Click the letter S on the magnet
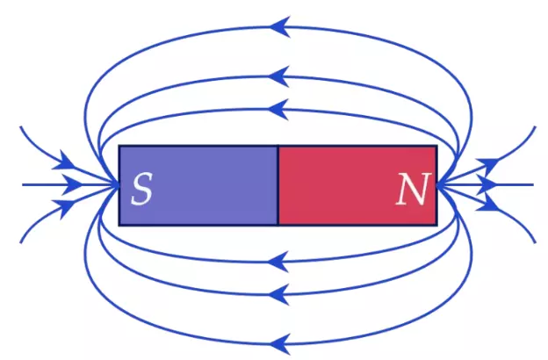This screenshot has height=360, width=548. tap(141, 189)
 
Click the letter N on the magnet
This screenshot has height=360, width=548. tap(413, 189)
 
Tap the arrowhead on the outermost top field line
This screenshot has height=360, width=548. tap(280, 26)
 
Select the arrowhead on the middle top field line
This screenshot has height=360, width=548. tap(279, 76)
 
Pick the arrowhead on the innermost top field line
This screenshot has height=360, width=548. tap(278, 110)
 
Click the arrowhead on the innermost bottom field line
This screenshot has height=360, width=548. tap(278, 262)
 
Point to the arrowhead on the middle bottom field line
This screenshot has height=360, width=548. tap(279, 294)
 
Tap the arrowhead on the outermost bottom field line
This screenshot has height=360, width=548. tap(280, 344)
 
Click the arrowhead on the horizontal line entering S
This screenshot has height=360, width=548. tap(72, 184)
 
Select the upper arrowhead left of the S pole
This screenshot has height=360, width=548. tap(64, 161)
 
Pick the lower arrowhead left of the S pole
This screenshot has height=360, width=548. tap(64, 208)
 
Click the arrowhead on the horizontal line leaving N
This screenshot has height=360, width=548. tap(487, 184)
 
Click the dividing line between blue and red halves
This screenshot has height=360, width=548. tap(278, 185)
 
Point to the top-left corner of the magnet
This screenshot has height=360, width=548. tap(119, 146)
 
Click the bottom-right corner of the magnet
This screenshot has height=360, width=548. tap(436, 226)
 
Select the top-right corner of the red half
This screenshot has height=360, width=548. tap(436, 146)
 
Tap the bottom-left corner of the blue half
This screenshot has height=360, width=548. tap(119, 226)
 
